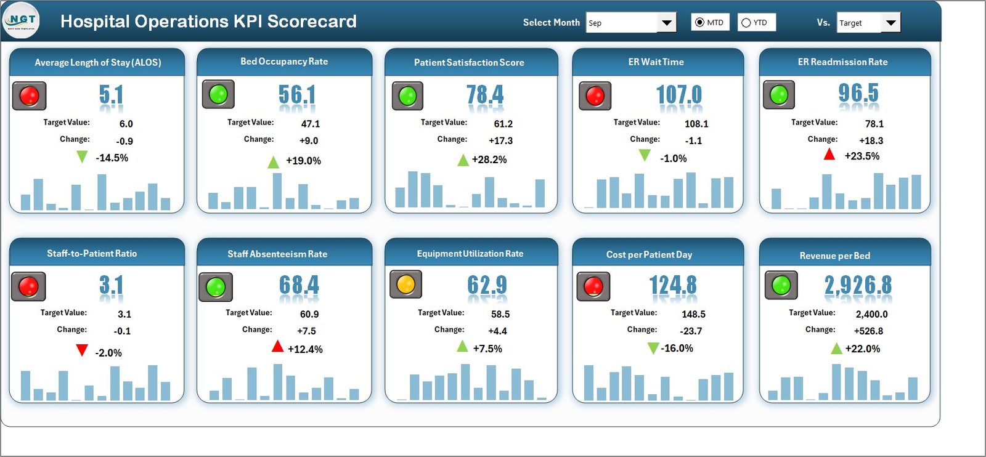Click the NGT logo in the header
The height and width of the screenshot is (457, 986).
pos(22,20)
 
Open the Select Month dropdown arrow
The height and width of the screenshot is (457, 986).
pos(666,23)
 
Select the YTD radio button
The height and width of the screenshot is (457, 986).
pos(746,23)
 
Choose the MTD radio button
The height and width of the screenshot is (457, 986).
pos(699,23)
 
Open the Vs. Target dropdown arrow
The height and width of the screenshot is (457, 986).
pos(890,23)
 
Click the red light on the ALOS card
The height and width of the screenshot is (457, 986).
pos(29,96)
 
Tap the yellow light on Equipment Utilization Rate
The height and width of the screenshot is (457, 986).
pos(405,285)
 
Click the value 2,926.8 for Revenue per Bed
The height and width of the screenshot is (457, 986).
pos(858,285)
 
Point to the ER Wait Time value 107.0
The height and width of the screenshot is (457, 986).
pos(678,95)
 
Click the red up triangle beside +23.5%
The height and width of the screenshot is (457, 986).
pos(829,155)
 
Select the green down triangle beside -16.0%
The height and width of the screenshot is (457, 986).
pos(653,349)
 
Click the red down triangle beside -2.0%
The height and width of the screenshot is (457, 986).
pos(81,350)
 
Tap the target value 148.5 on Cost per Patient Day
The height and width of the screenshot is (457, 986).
pos(693,314)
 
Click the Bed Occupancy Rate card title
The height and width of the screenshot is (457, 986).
pos(284,62)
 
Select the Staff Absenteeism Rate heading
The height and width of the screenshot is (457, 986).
pos(277,254)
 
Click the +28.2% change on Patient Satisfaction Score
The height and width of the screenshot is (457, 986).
pos(489,160)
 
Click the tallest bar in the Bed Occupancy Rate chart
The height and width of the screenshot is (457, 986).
pos(277,191)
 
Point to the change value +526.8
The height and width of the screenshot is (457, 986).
pos(868,331)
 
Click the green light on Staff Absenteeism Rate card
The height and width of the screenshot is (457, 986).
pos(216,287)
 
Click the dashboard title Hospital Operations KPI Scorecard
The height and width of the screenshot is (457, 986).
pos(208,22)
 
